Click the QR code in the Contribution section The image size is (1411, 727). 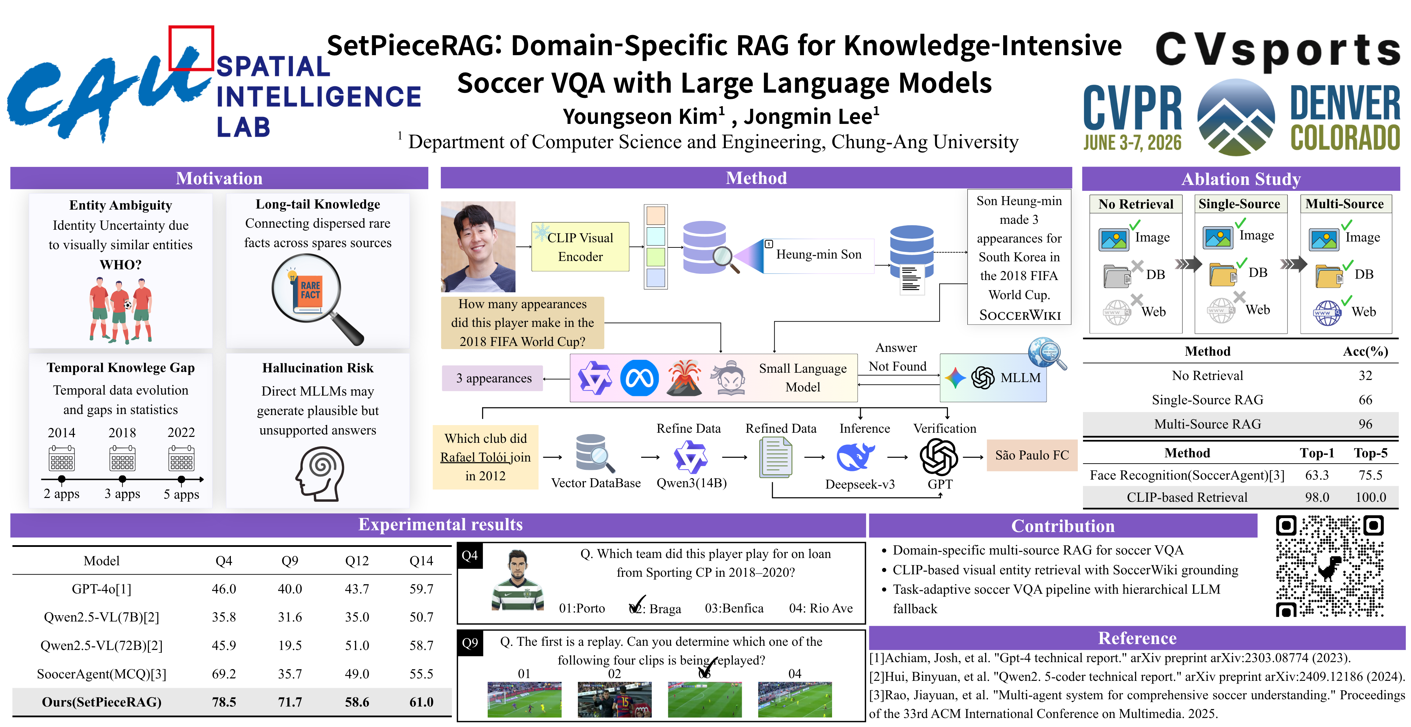[1330, 566]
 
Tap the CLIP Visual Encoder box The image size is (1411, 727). [580, 247]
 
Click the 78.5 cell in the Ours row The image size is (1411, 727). [224, 702]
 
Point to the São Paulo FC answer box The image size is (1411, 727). [1032, 456]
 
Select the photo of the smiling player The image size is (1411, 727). [478, 247]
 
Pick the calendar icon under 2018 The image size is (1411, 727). [122, 458]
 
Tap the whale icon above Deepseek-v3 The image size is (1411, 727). [856, 457]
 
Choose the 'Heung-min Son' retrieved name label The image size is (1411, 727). [818, 255]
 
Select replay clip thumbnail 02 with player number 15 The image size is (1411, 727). [615, 700]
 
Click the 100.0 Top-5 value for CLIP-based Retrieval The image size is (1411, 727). [1370, 497]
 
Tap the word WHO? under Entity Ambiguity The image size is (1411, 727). [120, 265]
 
